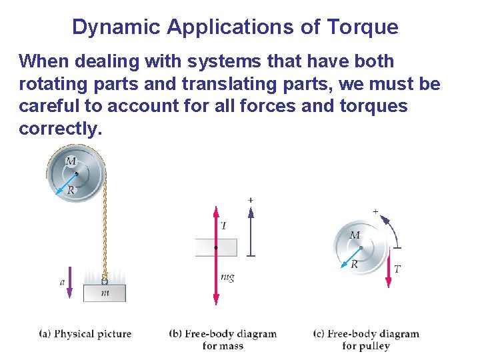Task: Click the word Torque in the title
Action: [x=363, y=27]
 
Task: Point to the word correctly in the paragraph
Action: [x=61, y=129]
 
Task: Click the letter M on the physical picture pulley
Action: [x=71, y=161]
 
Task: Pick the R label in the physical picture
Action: [x=71, y=191]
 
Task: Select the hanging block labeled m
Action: [x=104, y=293]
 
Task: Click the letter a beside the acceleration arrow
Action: [x=62, y=283]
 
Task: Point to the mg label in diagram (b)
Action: [x=227, y=277]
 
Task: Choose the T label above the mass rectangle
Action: [x=223, y=226]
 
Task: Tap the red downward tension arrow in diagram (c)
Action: [x=389, y=267]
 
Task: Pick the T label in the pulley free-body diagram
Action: [x=397, y=269]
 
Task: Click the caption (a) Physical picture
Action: [x=85, y=333]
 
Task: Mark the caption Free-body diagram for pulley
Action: [x=366, y=339]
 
